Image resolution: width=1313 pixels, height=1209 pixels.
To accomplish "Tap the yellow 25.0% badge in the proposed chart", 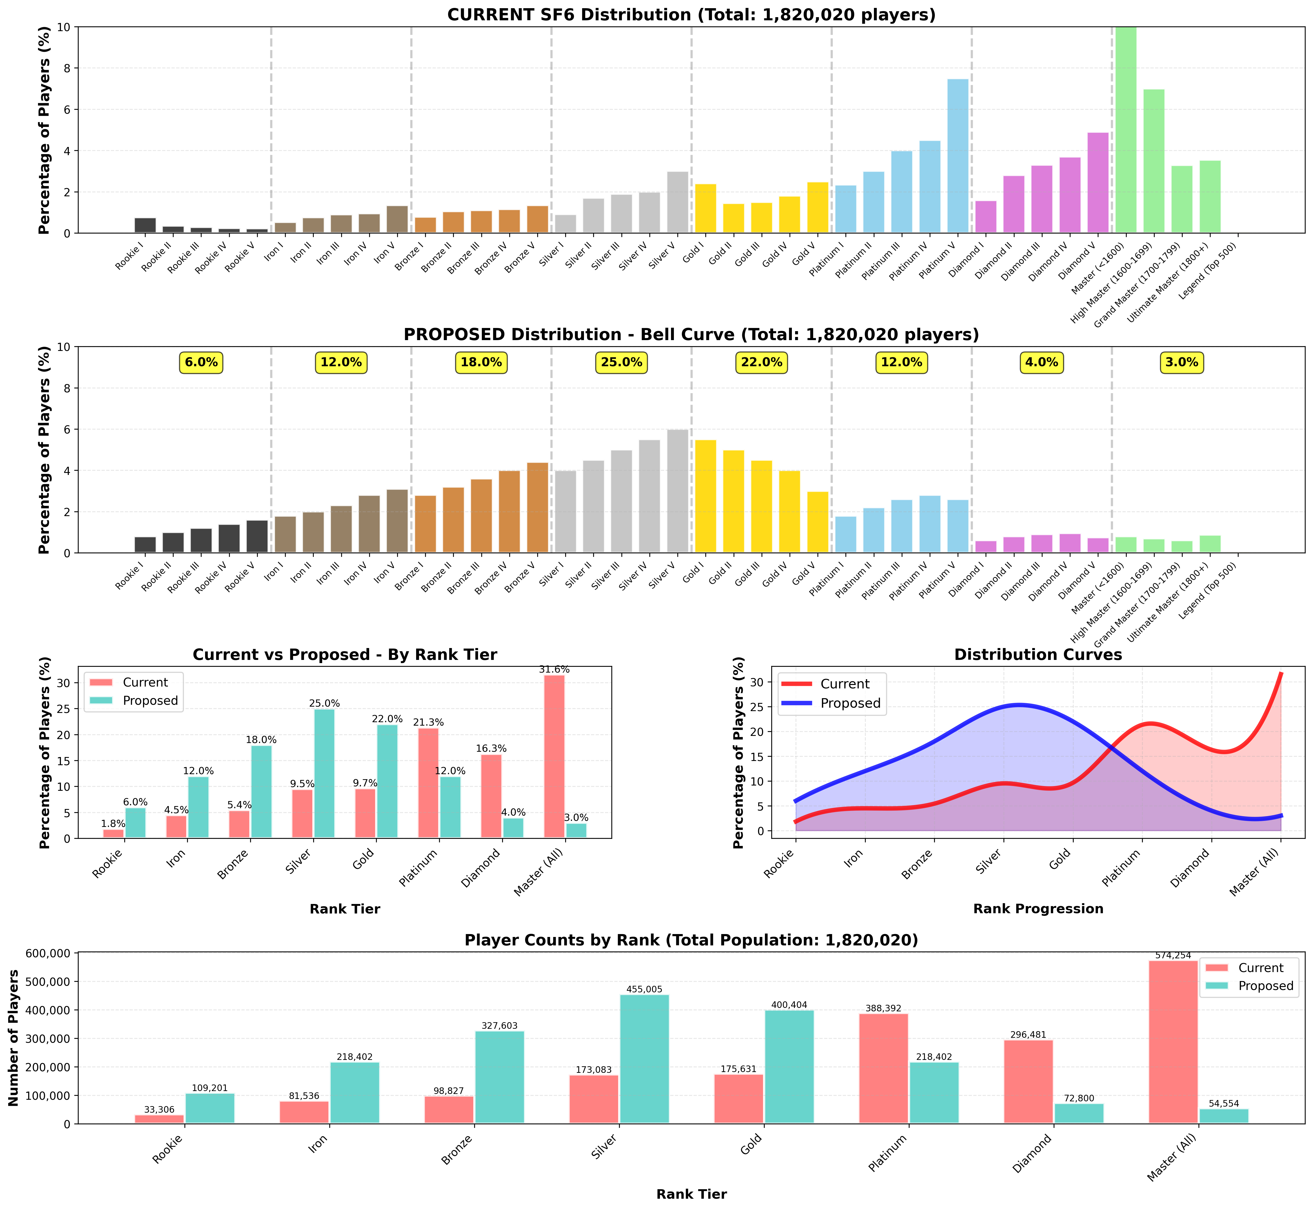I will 621,363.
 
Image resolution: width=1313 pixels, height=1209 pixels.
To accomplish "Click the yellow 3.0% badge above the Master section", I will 1182,363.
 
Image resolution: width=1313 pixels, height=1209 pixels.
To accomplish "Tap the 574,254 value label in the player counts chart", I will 1173,956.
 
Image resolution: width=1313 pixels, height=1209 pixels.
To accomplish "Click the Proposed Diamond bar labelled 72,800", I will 1079,1113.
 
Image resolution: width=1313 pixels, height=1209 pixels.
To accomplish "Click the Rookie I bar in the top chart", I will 145,225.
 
